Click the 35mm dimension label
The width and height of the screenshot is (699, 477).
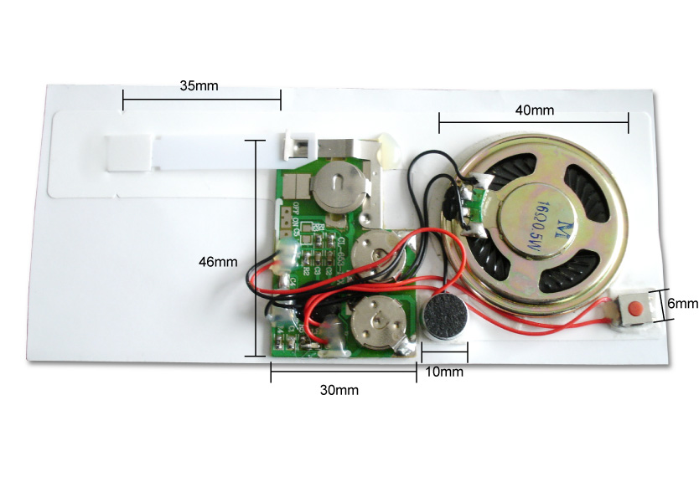click(x=200, y=85)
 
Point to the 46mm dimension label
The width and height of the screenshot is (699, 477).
click(x=217, y=262)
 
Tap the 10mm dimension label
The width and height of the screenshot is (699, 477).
click(x=444, y=372)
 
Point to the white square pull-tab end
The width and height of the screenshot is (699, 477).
click(x=127, y=152)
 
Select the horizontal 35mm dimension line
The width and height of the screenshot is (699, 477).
click(x=202, y=101)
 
